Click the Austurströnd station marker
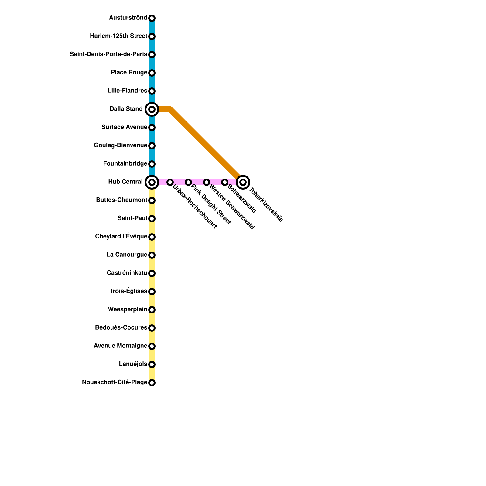pyautogui.click(x=152, y=18)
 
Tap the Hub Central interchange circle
pyautogui.click(x=152, y=182)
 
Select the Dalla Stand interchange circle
pyautogui.click(x=152, y=109)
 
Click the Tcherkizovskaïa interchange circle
pyautogui.click(x=243, y=182)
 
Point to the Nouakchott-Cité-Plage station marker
pyautogui.click(x=152, y=383)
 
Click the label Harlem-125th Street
pyautogui.click(x=118, y=36)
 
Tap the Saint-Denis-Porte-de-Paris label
pyautogui.click(x=108, y=54)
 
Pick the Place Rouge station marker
pyautogui.click(x=152, y=73)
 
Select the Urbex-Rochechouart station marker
pyautogui.click(x=170, y=182)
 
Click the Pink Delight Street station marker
pyautogui.click(x=188, y=182)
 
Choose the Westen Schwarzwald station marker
pyautogui.click(x=207, y=182)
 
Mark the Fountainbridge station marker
pyautogui.click(x=152, y=164)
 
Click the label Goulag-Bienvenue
pyautogui.click(x=120, y=145)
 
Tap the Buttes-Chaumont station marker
pyautogui.click(x=152, y=200)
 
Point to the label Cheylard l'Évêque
pyautogui.click(x=121, y=236)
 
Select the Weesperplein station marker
pyautogui.click(x=152, y=310)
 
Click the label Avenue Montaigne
pyautogui.click(x=120, y=346)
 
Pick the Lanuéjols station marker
pyautogui.click(x=152, y=364)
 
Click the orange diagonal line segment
pyautogui.click(x=207, y=143)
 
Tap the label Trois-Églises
pyautogui.click(x=128, y=291)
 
